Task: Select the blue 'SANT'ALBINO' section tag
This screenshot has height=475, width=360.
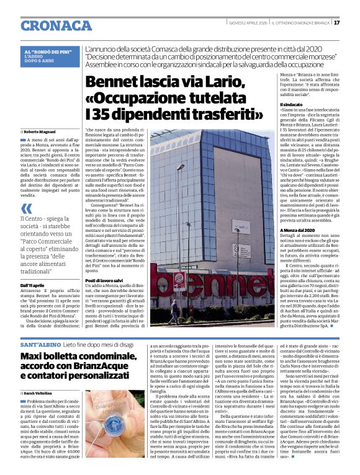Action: (x=39, y=343)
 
